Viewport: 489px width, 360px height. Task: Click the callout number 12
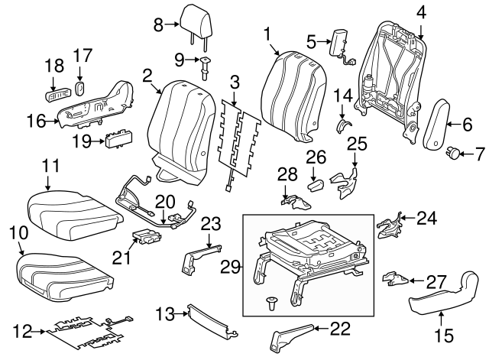[23, 331]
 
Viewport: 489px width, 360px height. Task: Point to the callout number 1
[267, 33]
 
